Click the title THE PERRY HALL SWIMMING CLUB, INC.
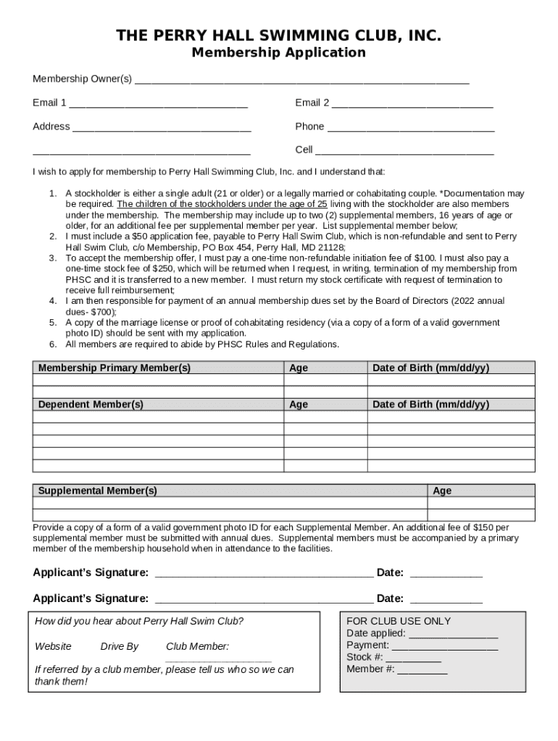[x=279, y=35]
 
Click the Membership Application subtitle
[x=279, y=53]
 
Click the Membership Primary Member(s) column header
[x=114, y=368]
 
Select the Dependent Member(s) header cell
[x=91, y=405]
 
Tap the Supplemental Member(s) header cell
[x=97, y=491]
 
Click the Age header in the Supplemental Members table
[x=442, y=491]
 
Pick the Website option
[x=53, y=646]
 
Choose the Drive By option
[x=119, y=646]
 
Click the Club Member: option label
[x=197, y=646]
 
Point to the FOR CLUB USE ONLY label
[x=399, y=621]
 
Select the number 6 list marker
[x=53, y=344]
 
